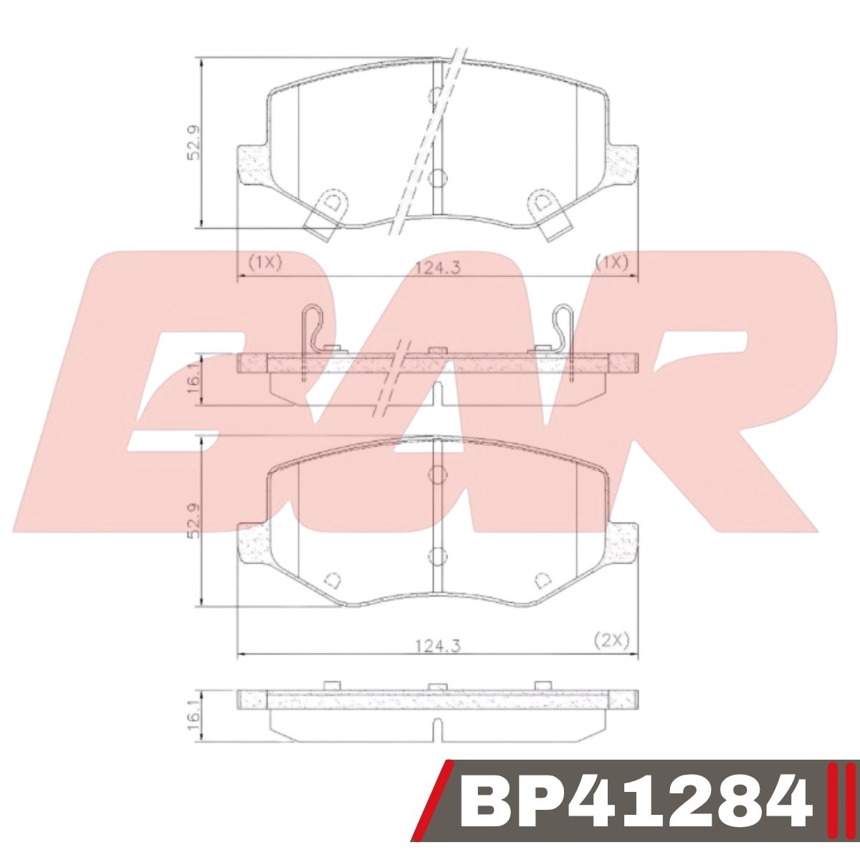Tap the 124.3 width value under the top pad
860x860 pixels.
point(437,267)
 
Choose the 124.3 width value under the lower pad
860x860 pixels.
point(437,645)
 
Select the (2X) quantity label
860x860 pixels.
point(611,641)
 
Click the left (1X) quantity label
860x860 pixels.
point(264,262)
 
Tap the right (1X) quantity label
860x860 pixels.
point(611,262)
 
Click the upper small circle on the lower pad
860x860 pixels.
point(436,474)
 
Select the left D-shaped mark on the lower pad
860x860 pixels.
point(332,580)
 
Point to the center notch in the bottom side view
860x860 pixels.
point(437,731)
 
